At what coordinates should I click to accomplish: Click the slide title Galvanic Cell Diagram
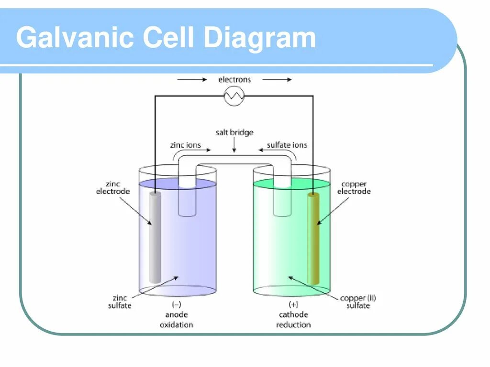click(x=166, y=38)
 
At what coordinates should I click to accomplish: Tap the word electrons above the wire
click(x=234, y=79)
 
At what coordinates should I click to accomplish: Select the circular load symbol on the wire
click(x=234, y=96)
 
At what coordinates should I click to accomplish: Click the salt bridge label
click(x=234, y=132)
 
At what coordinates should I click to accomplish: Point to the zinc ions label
click(x=186, y=145)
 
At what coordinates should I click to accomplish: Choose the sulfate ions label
click(x=287, y=145)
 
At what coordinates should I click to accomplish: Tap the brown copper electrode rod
click(x=313, y=238)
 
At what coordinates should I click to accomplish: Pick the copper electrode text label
click(x=354, y=187)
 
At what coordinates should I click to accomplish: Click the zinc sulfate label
click(x=119, y=302)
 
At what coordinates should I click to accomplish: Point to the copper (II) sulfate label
click(x=358, y=302)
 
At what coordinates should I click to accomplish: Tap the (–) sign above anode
click(x=176, y=304)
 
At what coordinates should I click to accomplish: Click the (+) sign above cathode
click(x=293, y=304)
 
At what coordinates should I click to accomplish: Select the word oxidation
click(x=176, y=324)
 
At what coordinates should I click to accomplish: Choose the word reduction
click(x=293, y=324)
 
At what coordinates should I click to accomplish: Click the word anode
click(x=176, y=314)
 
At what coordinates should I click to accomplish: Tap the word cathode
click(x=293, y=314)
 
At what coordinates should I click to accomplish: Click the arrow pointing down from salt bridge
click(x=234, y=145)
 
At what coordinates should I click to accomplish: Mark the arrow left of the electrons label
click(x=192, y=80)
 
